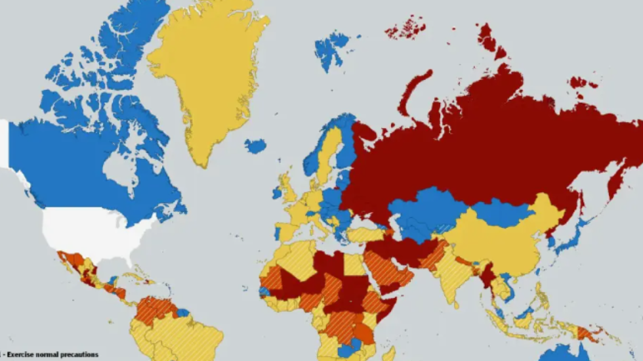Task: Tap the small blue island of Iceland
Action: (255, 146)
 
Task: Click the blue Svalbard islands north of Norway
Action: (331, 49)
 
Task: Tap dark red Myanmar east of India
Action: (487, 276)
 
